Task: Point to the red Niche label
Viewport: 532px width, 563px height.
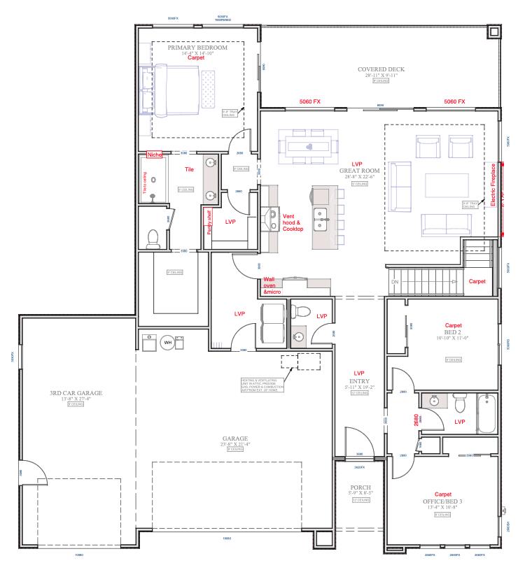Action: coord(154,155)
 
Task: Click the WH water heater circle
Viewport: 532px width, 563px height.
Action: coord(167,343)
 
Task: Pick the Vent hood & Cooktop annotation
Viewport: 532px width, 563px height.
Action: coord(293,222)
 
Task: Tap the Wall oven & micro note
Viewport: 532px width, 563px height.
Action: coord(273,285)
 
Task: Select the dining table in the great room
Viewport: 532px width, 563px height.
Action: coord(309,147)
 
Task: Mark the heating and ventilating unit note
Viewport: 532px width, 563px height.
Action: coord(262,385)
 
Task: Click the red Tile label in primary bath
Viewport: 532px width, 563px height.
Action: coord(189,169)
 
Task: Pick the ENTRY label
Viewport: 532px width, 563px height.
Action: coord(360,381)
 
